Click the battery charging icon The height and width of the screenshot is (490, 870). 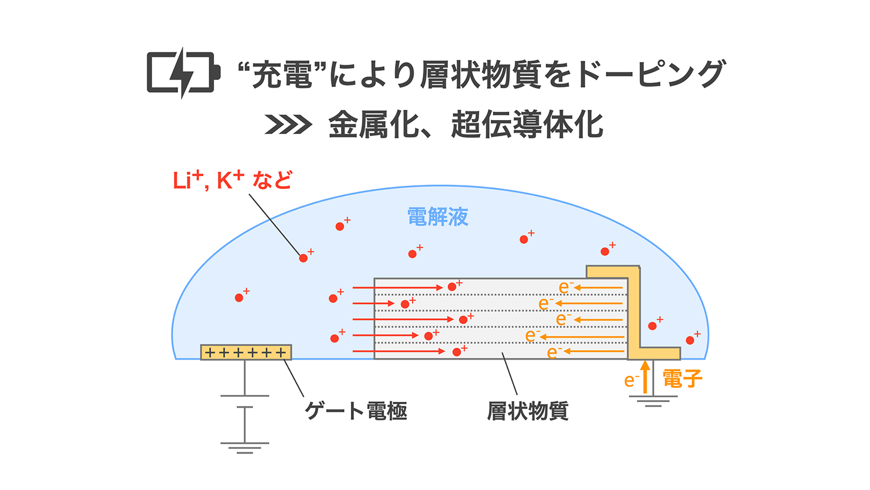pos(183,73)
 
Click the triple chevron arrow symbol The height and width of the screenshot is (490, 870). pos(288,125)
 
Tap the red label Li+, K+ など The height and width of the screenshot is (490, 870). pos(233,180)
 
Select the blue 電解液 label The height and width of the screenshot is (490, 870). pos(438,217)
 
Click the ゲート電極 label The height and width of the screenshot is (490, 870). pos(356,411)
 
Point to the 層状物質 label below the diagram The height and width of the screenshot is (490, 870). pos(527,411)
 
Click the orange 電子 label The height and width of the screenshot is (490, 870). pos(682,379)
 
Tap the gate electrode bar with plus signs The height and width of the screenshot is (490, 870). pos(246,352)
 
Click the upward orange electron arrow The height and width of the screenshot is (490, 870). pos(645,376)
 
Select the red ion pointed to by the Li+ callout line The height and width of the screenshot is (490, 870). pos(303,258)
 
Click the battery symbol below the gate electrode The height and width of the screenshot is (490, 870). pos(245,401)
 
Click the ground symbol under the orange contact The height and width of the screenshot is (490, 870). pos(653,400)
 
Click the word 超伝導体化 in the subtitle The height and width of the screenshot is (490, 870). pos(527,125)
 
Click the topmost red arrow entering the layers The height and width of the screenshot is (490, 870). pos(397,288)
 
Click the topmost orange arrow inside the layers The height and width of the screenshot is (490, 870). pos(599,288)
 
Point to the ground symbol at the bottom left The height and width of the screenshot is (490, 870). pos(245,447)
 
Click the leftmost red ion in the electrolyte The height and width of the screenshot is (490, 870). pos(239,297)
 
